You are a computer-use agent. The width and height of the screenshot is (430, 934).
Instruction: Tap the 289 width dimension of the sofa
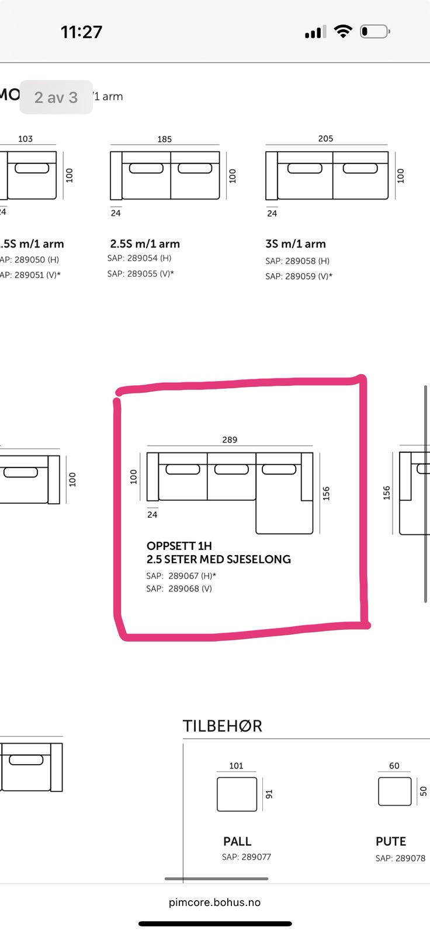click(230, 440)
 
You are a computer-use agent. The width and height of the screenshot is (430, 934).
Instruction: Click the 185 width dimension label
click(165, 139)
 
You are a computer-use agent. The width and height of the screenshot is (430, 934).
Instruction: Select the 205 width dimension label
click(325, 138)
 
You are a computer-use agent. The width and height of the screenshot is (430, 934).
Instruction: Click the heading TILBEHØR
click(223, 726)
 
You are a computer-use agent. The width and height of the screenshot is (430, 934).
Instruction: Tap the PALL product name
click(237, 841)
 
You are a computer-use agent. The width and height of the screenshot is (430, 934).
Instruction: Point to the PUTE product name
click(391, 841)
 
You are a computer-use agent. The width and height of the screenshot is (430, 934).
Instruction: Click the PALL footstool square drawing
click(237, 794)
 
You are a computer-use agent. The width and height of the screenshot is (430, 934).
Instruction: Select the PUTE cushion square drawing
click(395, 792)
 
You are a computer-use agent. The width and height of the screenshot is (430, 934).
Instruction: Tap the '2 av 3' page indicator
click(56, 97)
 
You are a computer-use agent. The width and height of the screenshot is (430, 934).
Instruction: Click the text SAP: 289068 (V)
click(179, 588)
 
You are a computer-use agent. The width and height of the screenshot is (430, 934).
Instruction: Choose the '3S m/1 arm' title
click(296, 244)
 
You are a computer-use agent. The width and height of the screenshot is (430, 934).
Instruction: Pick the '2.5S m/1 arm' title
click(145, 244)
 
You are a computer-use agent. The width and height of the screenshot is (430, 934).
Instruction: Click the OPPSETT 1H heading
click(179, 546)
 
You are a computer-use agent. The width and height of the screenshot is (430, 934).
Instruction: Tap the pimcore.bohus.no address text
click(214, 902)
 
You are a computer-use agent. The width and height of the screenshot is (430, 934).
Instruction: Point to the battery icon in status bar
click(374, 32)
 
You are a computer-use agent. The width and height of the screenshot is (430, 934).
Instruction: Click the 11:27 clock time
click(82, 32)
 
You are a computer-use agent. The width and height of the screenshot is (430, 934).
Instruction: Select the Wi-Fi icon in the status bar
click(343, 32)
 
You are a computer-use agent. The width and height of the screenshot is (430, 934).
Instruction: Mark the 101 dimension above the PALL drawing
click(236, 766)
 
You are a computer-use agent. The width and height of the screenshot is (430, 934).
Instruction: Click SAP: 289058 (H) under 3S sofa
click(297, 261)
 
